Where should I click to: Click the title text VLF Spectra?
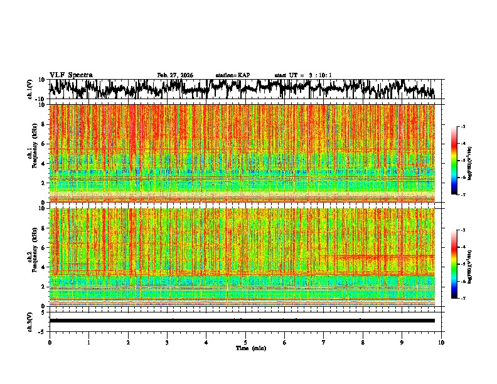click(71, 75)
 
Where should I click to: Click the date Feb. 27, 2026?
click(175, 75)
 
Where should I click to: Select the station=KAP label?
click(233, 75)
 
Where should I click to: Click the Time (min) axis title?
click(251, 348)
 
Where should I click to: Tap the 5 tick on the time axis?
click(245, 342)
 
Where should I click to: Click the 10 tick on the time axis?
click(441, 342)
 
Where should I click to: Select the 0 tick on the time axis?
click(50, 342)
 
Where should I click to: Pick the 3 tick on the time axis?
click(167, 342)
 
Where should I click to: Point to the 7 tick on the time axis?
click(324, 342)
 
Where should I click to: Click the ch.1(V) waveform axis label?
click(30, 89)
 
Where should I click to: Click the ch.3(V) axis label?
click(30, 320)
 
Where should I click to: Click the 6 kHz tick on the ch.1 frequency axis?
click(43, 144)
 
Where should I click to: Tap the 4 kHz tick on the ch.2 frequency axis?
click(43, 267)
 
